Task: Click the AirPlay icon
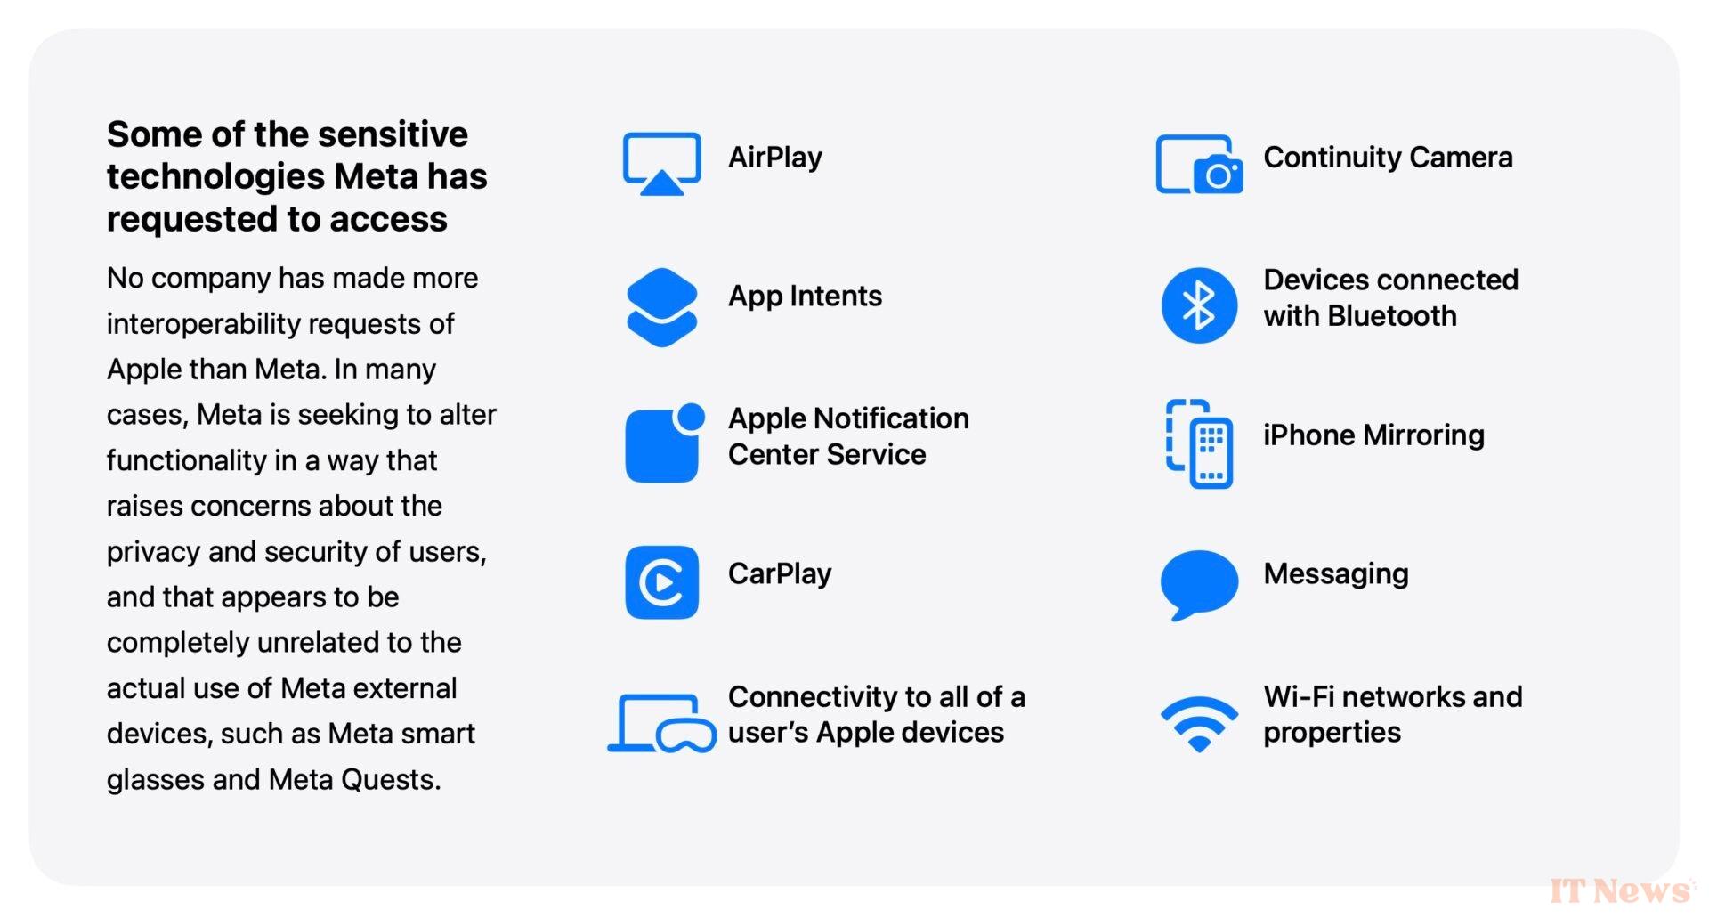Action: tap(661, 164)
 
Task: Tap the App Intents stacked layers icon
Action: tap(661, 306)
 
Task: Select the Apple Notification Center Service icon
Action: tap(664, 443)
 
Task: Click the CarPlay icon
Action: tap(661, 582)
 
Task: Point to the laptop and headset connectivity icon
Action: tap(661, 723)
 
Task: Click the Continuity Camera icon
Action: tap(1199, 164)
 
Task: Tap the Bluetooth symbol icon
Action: tap(1199, 305)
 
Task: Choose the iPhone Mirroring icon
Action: tap(1199, 443)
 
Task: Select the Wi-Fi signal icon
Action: tap(1199, 723)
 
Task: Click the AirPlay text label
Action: tap(775, 158)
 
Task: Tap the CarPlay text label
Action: tap(780, 574)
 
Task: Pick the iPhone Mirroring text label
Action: tap(1373, 435)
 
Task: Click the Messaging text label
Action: tap(1335, 574)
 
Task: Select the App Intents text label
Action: tap(805, 297)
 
